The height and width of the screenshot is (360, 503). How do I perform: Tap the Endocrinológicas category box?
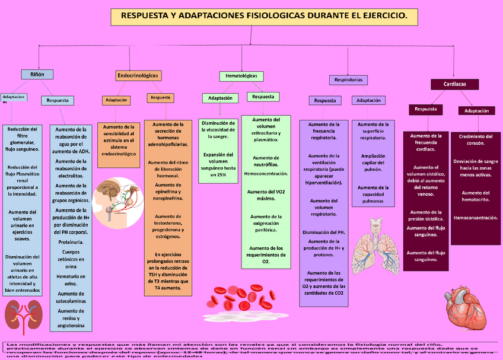pos(138,76)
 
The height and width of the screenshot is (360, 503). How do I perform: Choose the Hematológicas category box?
pos(241,77)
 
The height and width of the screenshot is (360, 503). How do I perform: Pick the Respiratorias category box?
pos(348,79)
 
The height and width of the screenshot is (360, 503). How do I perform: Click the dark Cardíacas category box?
pos(454,84)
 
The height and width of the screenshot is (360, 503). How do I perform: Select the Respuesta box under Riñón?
pos(58,100)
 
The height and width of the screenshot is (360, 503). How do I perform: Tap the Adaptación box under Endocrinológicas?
pos(116,101)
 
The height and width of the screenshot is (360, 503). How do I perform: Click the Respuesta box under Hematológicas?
pos(263,97)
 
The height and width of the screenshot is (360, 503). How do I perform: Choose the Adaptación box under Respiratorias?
pos(368,100)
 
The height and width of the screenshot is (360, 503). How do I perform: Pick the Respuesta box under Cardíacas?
pos(426,109)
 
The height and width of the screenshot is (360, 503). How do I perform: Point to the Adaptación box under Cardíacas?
pos(476,111)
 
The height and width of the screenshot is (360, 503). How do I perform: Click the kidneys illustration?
pos(24,314)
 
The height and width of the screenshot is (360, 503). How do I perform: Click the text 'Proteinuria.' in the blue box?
pos(71,243)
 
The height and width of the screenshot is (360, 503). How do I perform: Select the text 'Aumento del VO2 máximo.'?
pos(265,195)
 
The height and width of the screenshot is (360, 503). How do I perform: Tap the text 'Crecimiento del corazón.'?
pos(476,139)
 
